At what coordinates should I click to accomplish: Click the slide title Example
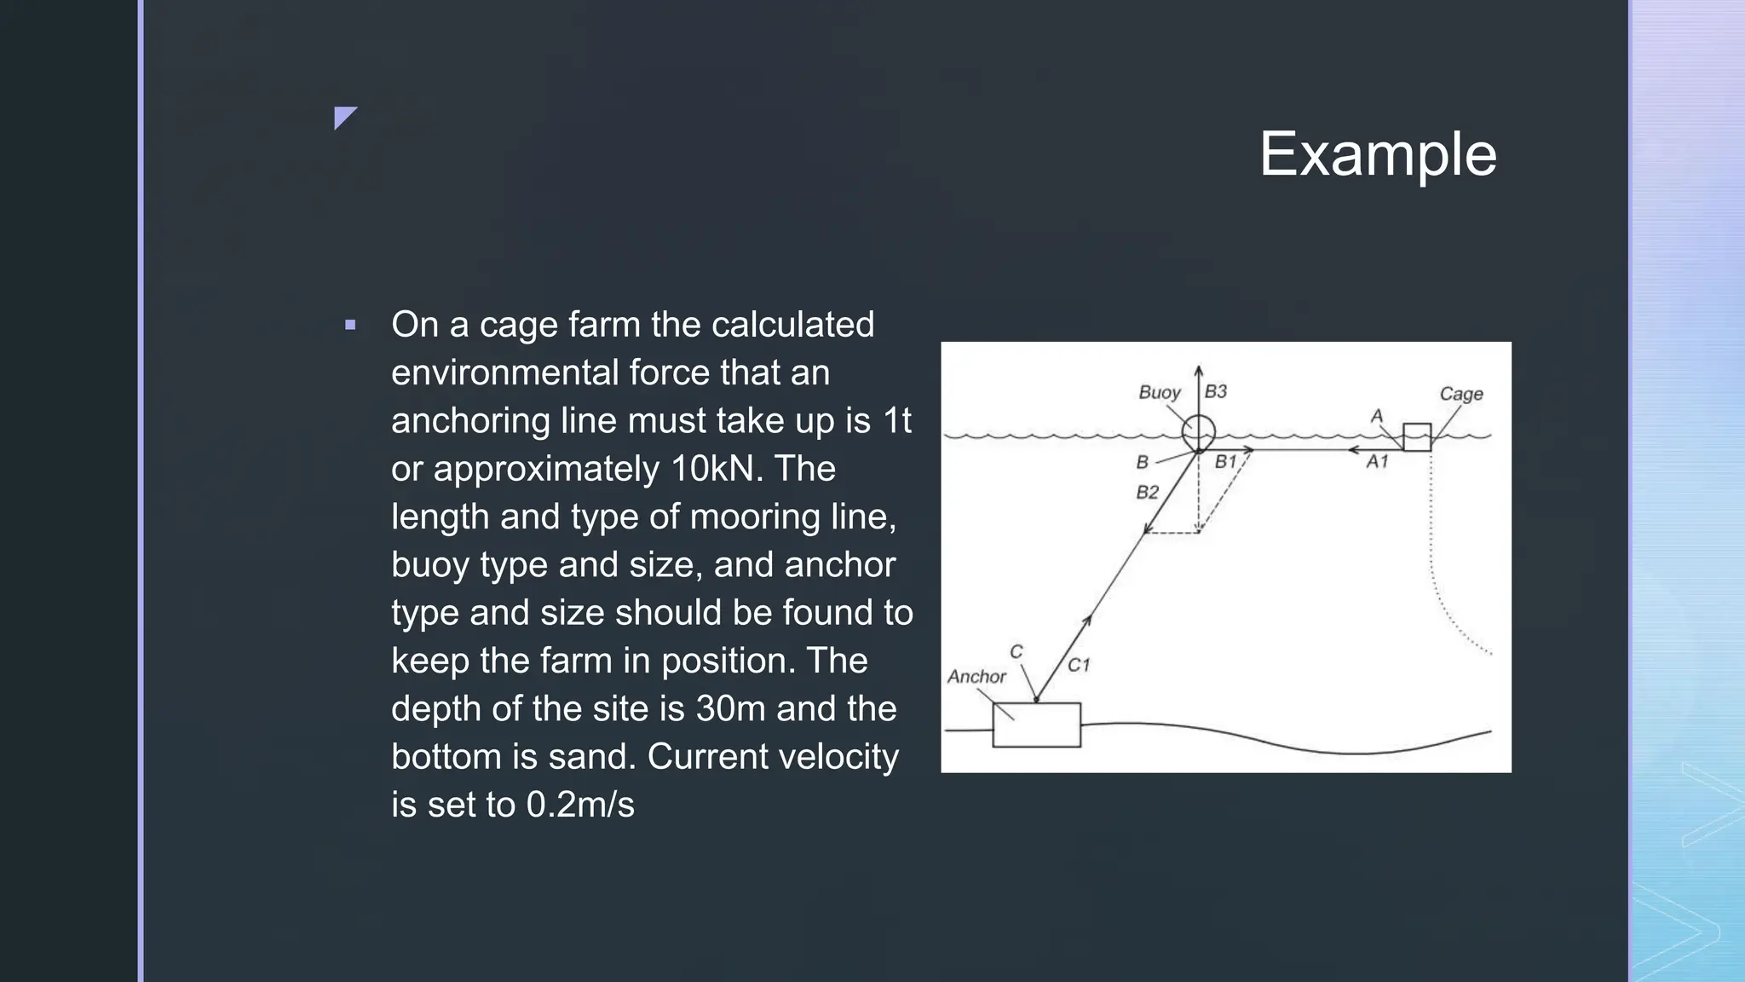1378,154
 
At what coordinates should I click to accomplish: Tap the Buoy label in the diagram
1160,392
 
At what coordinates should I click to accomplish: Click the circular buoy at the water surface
1198,432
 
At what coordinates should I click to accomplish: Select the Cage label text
1460,394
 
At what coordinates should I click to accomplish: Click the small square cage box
1417,436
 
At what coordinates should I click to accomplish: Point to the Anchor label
976,677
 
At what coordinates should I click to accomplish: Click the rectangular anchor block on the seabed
1036,725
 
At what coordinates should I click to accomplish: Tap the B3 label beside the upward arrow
1216,391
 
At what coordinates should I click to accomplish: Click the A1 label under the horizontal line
1377,462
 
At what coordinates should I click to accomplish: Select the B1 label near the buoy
1225,462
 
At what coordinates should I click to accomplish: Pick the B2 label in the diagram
1148,493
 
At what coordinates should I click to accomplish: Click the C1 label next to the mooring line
1079,665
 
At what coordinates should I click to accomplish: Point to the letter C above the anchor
1016,652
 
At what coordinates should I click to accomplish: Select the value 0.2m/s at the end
580,805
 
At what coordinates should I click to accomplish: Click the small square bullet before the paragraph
350,325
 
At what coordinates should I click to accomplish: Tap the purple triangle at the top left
343,116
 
